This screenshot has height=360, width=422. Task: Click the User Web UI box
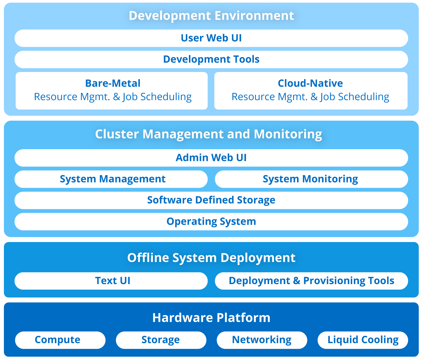click(211, 38)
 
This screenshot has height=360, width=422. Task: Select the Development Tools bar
click(211, 59)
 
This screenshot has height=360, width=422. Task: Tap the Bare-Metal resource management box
click(112, 90)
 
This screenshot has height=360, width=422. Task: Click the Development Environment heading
click(211, 16)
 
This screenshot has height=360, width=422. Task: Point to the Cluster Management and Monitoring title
click(208, 134)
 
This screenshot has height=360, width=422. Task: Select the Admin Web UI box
click(211, 158)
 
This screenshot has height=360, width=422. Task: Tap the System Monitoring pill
click(311, 179)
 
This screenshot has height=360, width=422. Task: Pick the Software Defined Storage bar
click(211, 200)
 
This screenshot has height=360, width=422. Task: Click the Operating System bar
click(211, 222)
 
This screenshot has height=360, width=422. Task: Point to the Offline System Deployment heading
click(211, 258)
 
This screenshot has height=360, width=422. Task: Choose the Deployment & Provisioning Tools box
click(311, 281)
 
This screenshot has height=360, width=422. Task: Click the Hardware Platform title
click(211, 318)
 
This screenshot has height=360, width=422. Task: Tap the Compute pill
click(60, 340)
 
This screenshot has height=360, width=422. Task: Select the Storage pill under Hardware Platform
click(161, 340)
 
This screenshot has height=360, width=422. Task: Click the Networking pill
click(262, 340)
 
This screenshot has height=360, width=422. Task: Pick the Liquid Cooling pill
click(363, 340)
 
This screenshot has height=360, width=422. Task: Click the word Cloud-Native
click(310, 83)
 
